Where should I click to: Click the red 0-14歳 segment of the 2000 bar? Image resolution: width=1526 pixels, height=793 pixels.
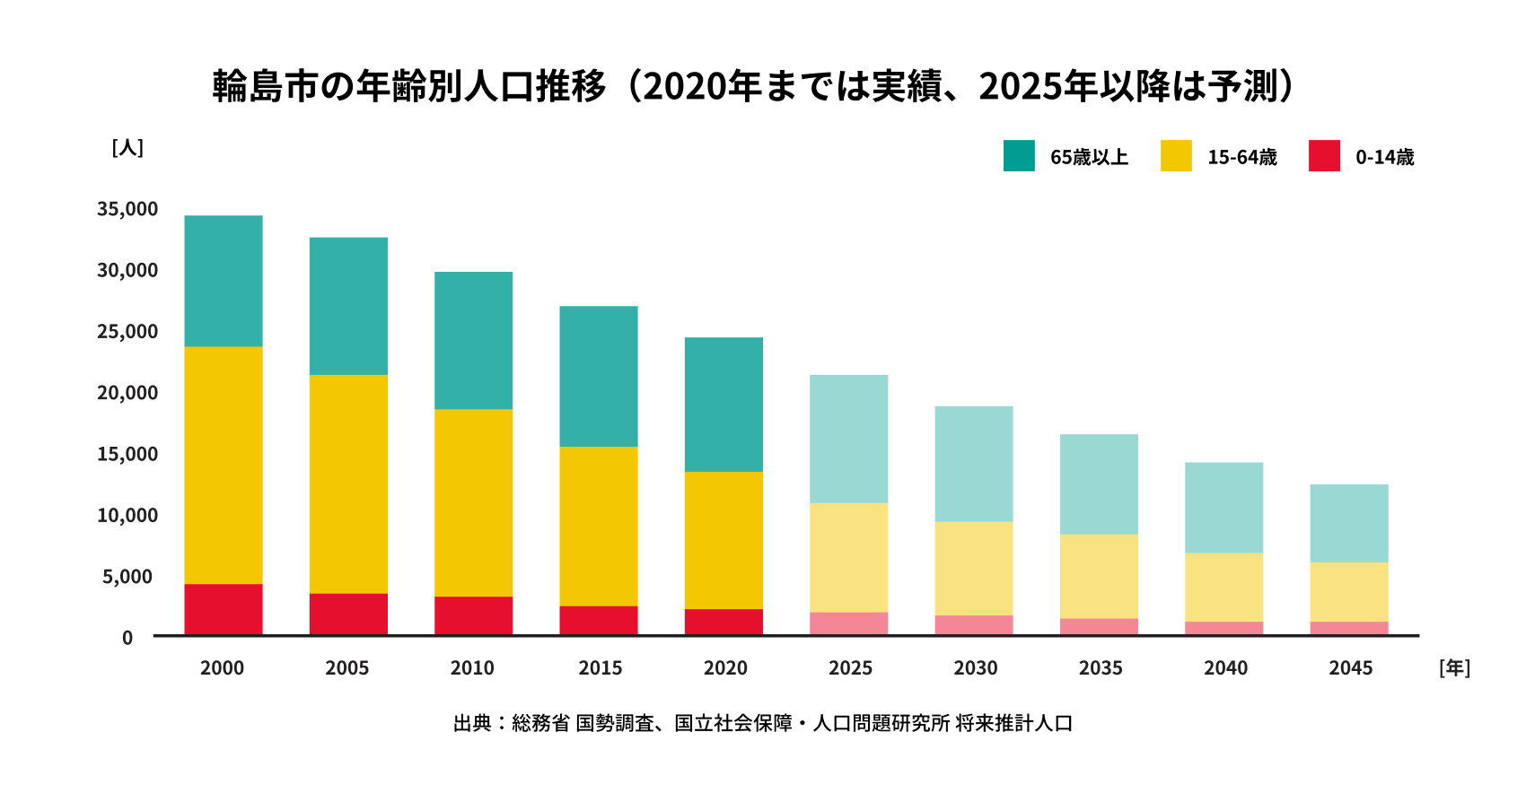point(224,610)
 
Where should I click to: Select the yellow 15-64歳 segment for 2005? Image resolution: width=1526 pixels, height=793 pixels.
point(348,484)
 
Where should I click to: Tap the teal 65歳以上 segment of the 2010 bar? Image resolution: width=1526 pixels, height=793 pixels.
point(473,341)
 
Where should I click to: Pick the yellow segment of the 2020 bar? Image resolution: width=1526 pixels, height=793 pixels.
point(724,540)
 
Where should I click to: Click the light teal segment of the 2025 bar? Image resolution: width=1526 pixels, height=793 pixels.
point(848,440)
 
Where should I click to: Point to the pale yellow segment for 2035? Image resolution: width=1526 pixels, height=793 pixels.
point(1099,576)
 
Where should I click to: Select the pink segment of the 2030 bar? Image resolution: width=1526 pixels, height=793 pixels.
point(974,625)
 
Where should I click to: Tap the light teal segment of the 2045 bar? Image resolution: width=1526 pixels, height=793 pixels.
point(1349,524)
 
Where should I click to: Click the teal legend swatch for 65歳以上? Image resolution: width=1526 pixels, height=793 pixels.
point(1019,156)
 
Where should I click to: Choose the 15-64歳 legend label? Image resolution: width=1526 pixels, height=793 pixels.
point(1241,157)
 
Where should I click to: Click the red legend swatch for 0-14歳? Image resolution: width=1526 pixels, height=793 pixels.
point(1324,156)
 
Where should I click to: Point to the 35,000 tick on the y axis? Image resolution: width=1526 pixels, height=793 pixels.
point(127,209)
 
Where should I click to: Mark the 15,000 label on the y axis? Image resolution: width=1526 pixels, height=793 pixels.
point(127,454)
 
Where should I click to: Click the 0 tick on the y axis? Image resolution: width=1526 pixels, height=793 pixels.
point(127,638)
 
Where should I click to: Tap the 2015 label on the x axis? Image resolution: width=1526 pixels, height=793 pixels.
point(600,668)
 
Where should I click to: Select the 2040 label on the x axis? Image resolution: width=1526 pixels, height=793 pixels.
point(1225,668)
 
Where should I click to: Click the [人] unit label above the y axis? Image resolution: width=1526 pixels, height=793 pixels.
point(127,147)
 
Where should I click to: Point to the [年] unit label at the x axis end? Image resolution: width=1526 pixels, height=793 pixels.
point(1454,668)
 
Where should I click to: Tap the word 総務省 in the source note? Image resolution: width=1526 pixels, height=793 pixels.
point(540,723)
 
